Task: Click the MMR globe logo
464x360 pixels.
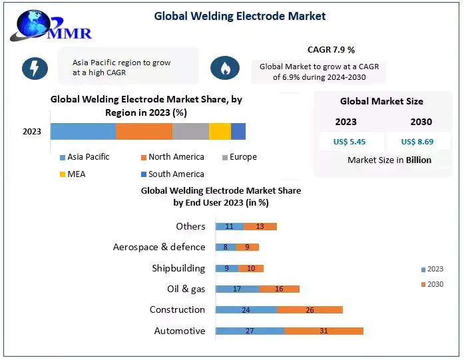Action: point(50,25)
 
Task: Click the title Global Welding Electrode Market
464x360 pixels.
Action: point(240,16)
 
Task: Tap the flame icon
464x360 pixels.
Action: point(225,69)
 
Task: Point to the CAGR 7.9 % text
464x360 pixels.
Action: point(331,50)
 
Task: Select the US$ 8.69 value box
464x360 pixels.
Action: point(417,142)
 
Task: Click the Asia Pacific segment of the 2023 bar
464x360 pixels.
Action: point(83,131)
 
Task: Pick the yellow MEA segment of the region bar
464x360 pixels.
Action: point(220,131)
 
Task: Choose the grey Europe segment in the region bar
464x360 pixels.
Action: point(190,131)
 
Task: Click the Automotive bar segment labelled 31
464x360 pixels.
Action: point(324,331)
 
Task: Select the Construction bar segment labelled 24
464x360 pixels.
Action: point(246,310)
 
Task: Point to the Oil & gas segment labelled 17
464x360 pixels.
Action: point(237,289)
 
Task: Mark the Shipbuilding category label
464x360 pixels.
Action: point(178,268)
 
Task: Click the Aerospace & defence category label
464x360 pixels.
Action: point(159,247)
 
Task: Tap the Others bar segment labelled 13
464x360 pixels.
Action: point(260,226)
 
